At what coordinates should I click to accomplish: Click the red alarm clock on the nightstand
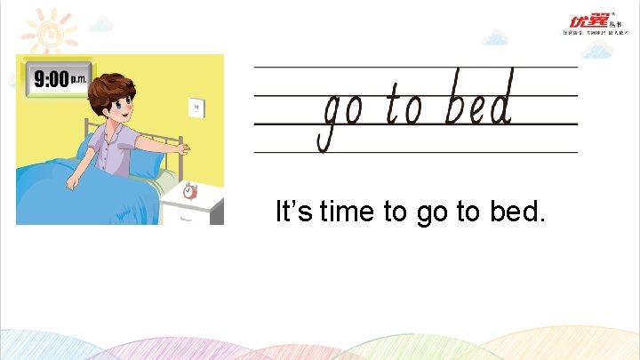(x=190, y=190)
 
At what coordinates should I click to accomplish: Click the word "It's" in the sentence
(x=293, y=213)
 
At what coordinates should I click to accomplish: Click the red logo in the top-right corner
(x=590, y=21)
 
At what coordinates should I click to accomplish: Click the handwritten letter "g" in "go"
(x=330, y=120)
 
